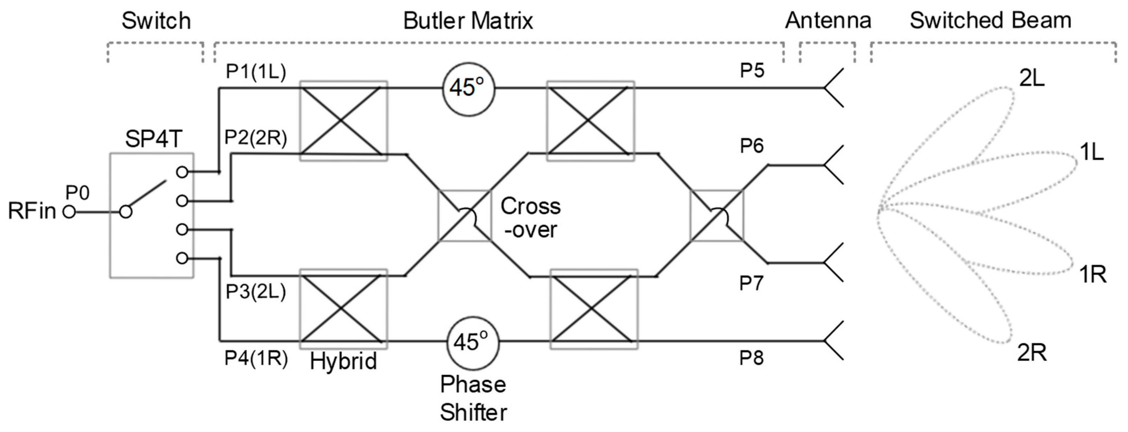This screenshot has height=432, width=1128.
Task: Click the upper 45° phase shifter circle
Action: (468, 88)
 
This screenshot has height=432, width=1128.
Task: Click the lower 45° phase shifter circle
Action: (473, 342)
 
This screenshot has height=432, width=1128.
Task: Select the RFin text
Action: (32, 211)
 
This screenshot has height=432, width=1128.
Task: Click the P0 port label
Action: (77, 193)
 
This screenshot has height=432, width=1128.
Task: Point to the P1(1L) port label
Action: (256, 71)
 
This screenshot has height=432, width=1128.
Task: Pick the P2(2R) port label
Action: (256, 138)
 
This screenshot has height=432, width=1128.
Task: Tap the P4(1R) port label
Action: (256, 358)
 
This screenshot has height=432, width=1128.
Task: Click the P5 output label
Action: (752, 71)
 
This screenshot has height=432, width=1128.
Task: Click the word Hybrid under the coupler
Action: (343, 362)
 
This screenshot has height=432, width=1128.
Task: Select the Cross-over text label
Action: (530, 218)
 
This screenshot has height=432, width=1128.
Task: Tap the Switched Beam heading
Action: (991, 20)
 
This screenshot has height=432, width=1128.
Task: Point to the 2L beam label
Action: (1032, 79)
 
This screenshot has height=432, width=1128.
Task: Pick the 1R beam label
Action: (1092, 275)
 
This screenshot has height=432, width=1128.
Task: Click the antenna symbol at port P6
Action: (834, 165)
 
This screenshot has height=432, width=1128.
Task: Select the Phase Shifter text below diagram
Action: (473, 398)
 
